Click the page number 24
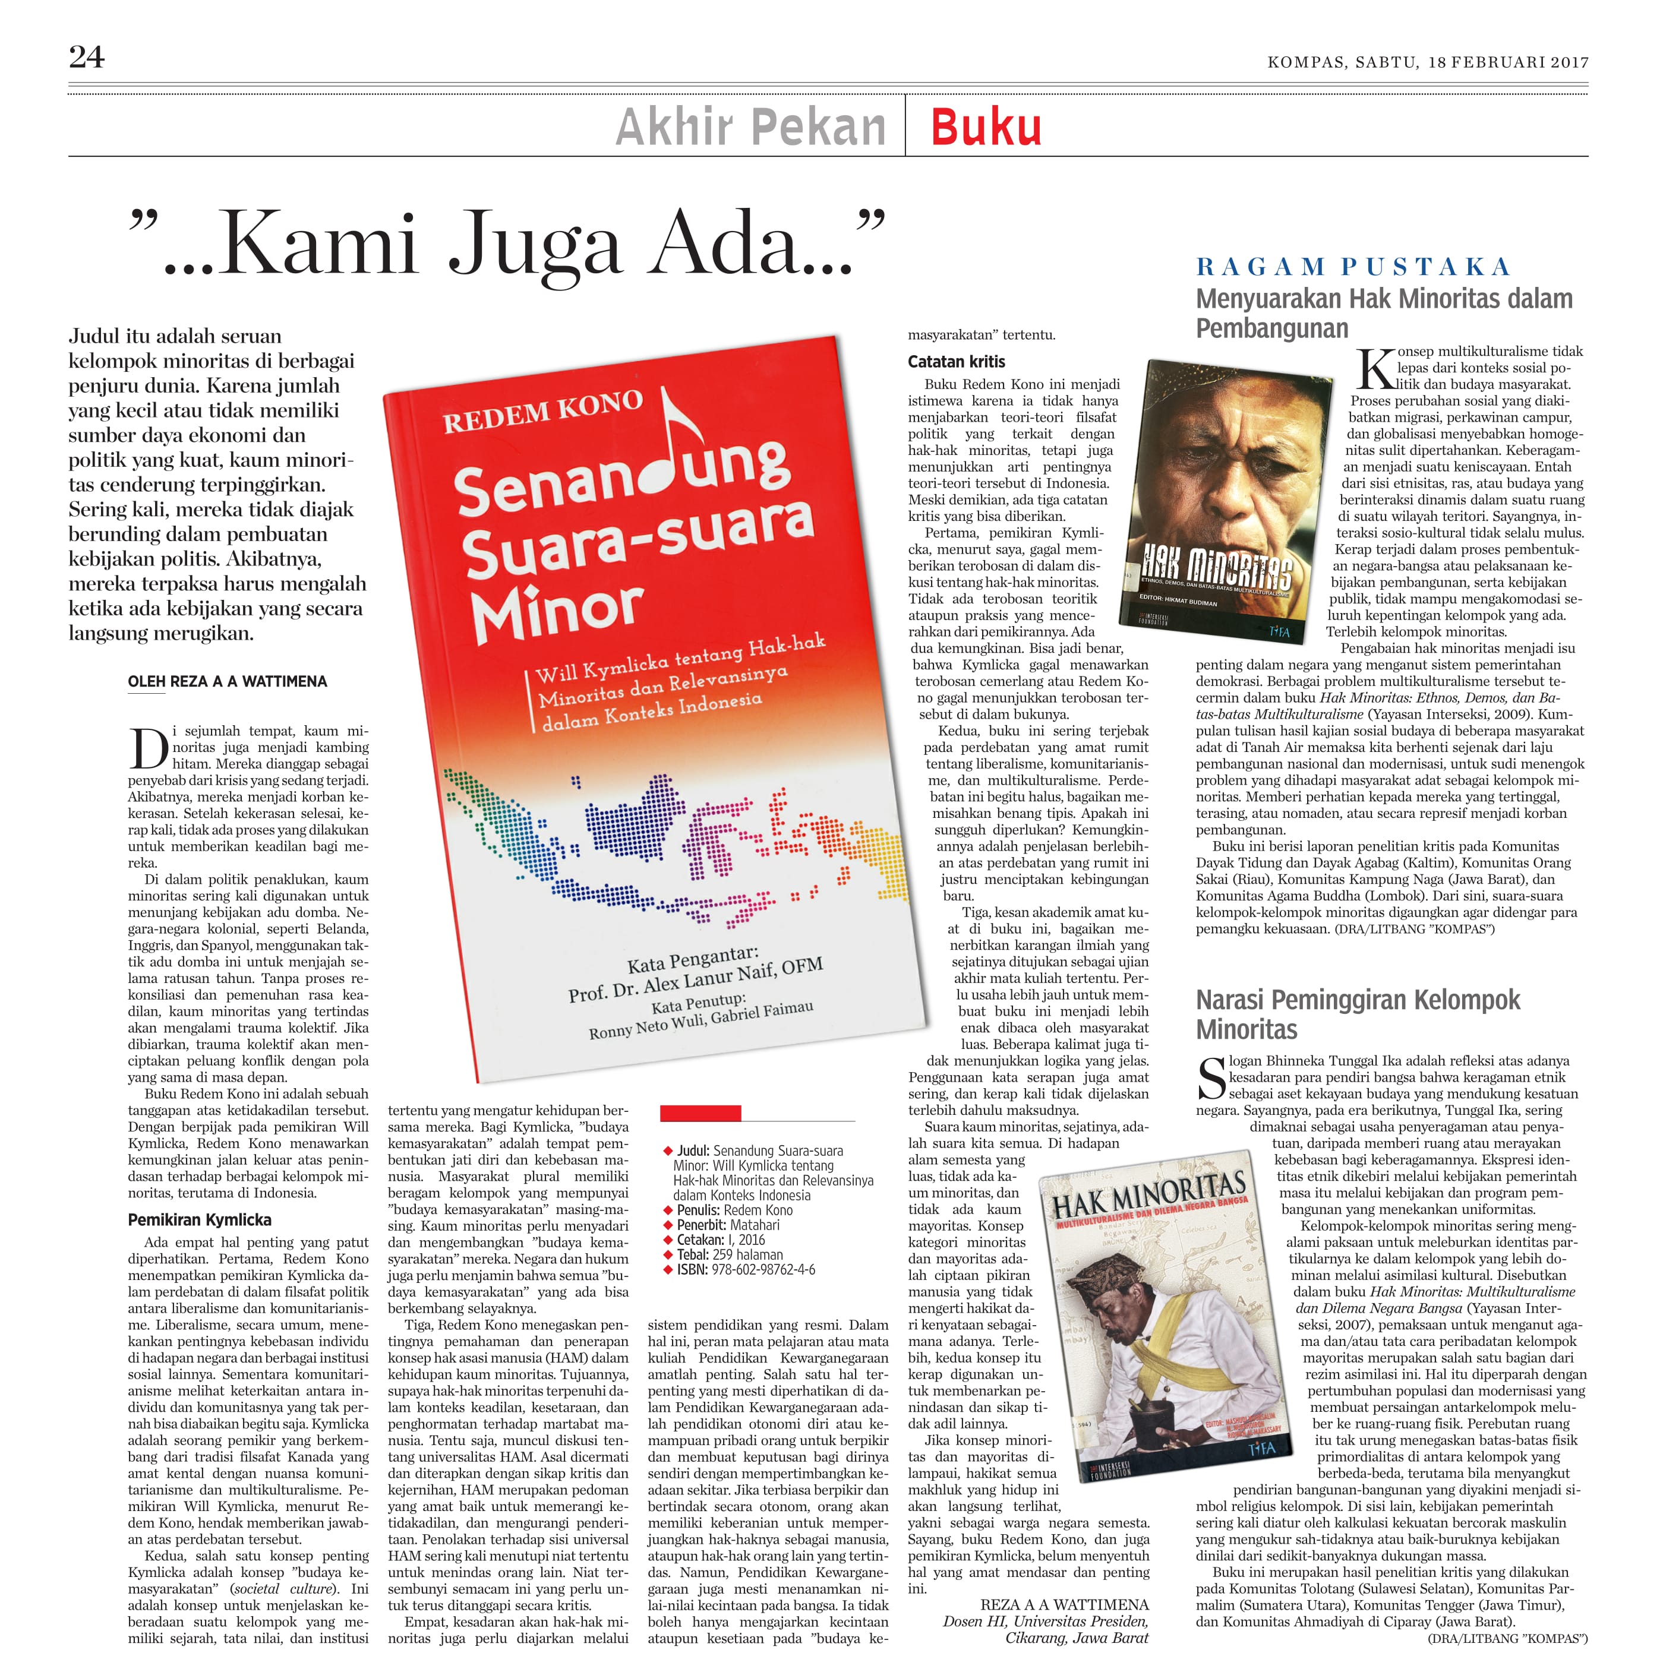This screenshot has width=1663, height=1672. coord(87,57)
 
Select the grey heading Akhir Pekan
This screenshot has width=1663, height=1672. coord(750,127)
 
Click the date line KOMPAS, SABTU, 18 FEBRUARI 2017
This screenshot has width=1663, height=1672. coord(1428,62)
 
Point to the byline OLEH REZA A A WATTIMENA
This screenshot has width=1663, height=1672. coord(228,682)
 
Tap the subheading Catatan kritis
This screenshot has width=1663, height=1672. coord(956,362)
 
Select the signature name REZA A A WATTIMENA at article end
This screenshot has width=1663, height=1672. coord(1064,1604)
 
